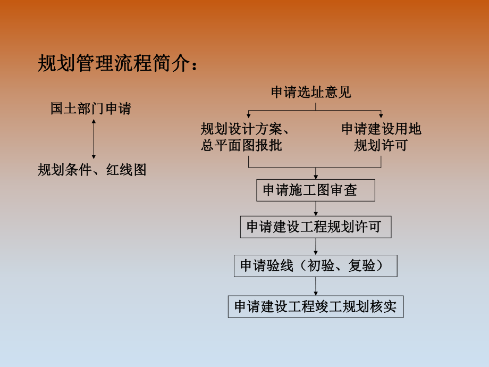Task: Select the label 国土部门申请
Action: [90, 109]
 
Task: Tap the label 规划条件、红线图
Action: [92, 170]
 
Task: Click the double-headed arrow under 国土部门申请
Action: [94, 139]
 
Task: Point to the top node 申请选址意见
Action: [311, 93]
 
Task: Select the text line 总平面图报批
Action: [241, 145]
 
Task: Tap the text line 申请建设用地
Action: [381, 129]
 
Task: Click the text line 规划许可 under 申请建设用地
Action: [381, 145]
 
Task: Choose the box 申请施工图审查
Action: [316, 190]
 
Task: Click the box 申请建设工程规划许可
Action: [316, 227]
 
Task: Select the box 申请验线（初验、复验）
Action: [315, 265]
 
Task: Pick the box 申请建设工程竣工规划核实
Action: [316, 307]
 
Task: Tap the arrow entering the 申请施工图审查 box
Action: [316, 176]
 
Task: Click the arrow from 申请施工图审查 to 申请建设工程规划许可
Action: [316, 210]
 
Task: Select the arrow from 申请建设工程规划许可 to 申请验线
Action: [316, 247]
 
